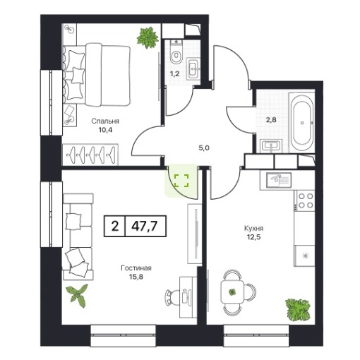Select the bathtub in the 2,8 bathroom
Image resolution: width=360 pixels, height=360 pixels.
tap(302, 122)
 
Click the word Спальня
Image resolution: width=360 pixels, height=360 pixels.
tap(105, 121)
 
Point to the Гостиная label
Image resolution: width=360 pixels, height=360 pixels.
tap(136, 268)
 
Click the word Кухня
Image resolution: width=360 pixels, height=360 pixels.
tap(254, 228)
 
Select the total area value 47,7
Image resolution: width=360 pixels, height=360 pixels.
tap(145, 227)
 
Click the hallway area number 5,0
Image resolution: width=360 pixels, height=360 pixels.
tap(204, 148)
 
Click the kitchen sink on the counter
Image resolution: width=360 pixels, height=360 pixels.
tap(279, 180)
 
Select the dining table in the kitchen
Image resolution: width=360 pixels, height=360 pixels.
tap(232, 292)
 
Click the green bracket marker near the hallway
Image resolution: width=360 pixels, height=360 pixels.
tap(181, 181)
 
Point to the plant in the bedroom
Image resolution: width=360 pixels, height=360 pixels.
tap(148, 37)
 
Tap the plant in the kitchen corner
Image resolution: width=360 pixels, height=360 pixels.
tap(298, 309)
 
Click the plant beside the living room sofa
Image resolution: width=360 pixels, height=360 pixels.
tap(77, 295)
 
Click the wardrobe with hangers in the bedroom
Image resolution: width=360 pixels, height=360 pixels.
tap(90, 155)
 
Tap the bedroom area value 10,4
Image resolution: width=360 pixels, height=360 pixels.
tap(105, 130)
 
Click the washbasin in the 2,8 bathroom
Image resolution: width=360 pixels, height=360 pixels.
tap(271, 145)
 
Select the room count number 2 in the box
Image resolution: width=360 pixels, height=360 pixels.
tap(115, 227)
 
